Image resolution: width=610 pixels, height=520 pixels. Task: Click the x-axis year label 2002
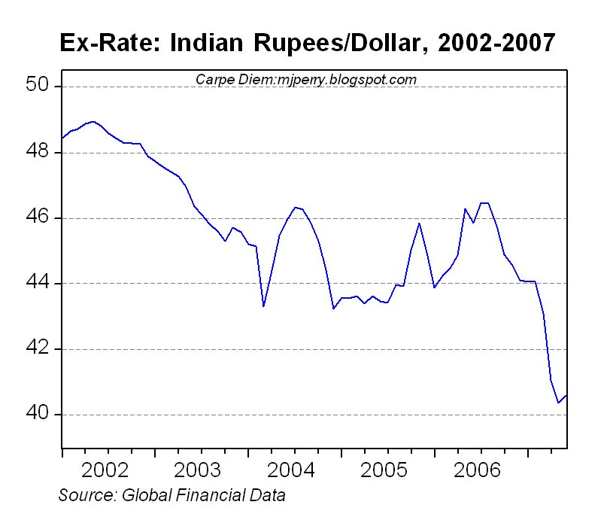109,470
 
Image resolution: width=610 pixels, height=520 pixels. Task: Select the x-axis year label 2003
202,470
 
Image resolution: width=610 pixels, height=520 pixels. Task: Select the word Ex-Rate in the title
102,43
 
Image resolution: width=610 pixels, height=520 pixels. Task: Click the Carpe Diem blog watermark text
305,79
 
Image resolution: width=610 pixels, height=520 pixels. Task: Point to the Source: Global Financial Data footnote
171,495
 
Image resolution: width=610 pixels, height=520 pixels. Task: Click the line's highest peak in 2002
93,121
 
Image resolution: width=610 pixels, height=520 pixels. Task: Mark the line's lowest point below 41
558,403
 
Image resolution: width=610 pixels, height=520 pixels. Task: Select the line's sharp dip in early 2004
263,306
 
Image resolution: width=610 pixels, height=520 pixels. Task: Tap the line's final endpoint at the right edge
566,395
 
